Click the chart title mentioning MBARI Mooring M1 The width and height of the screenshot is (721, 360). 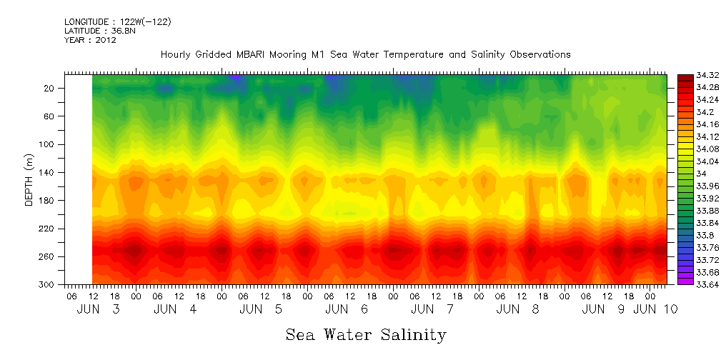[x=365, y=55]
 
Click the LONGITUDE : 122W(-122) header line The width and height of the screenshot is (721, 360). [x=117, y=22]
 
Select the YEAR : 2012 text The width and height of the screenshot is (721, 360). [x=90, y=40]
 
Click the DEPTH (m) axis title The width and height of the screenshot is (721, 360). [x=29, y=179]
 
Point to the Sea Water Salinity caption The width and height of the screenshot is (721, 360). [x=366, y=335]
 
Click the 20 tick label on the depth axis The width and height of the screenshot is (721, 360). [x=49, y=89]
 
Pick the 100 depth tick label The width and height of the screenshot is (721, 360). [x=47, y=144]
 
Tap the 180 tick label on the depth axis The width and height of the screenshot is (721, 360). [x=47, y=201]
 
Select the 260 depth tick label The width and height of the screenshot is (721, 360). [x=47, y=256]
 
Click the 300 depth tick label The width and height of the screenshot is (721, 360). [x=47, y=284]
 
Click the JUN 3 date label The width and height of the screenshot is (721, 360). [x=99, y=309]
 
